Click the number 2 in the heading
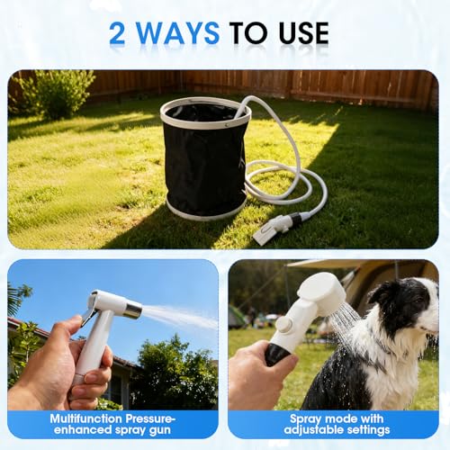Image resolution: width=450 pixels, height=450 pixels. (x=117, y=33)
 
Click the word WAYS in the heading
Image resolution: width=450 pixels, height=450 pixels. (x=175, y=33)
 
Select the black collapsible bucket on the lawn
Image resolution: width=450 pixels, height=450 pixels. (x=205, y=162)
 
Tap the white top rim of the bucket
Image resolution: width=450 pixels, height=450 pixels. (x=205, y=104)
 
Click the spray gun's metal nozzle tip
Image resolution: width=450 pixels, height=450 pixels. (x=131, y=310)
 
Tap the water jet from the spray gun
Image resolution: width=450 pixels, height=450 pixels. (x=180, y=316)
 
